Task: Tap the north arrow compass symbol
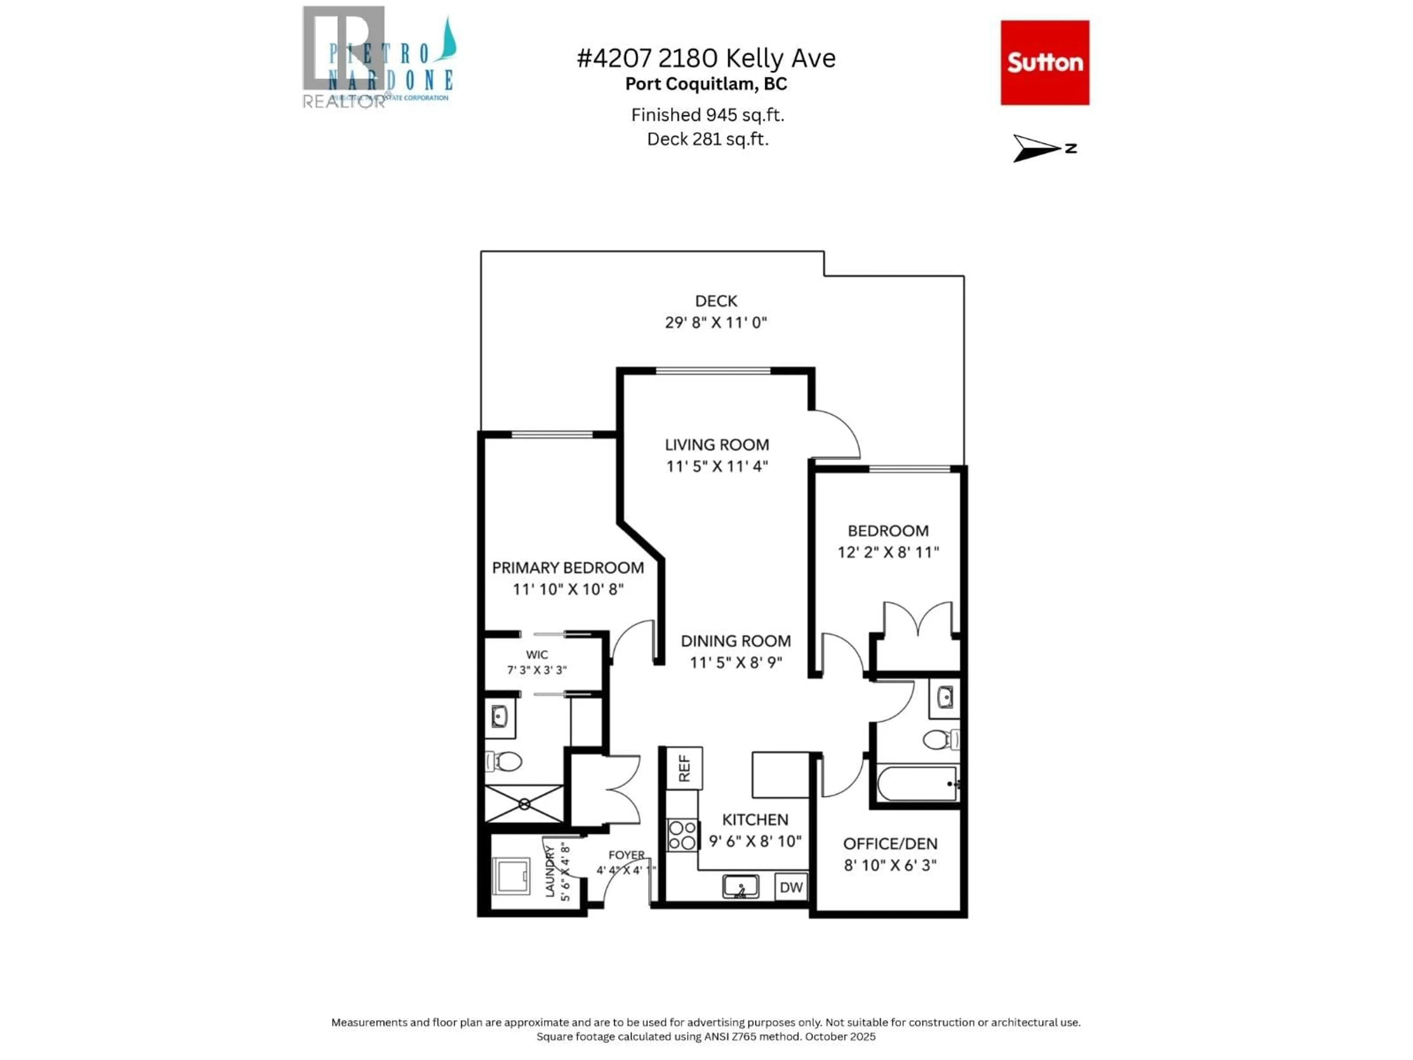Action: pos(1038,148)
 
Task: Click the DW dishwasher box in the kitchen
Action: pos(791,887)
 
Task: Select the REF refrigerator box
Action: pos(684,768)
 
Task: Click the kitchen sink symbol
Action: pos(740,886)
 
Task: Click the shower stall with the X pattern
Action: pos(524,804)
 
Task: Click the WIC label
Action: pos(536,655)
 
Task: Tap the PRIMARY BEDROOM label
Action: pos(567,568)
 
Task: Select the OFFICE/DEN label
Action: pos(890,844)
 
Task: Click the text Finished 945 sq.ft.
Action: pos(707,115)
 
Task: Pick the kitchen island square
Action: pos(780,774)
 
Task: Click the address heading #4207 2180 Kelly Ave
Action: pos(706,58)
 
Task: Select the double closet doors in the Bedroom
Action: pos(918,618)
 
